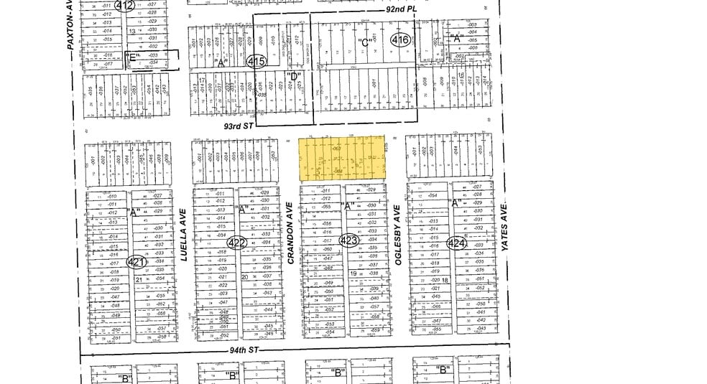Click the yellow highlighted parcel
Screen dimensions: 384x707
click(342, 158)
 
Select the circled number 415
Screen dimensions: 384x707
click(256, 62)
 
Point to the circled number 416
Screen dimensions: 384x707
click(400, 41)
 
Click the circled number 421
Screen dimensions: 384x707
click(137, 263)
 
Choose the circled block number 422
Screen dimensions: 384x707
click(237, 243)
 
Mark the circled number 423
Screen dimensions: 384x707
click(348, 241)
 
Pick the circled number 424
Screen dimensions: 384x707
click(456, 243)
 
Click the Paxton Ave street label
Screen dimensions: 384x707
click(70, 25)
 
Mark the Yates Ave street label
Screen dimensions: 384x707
click(505, 227)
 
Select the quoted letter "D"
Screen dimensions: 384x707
click(292, 76)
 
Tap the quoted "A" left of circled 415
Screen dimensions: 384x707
click(221, 62)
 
